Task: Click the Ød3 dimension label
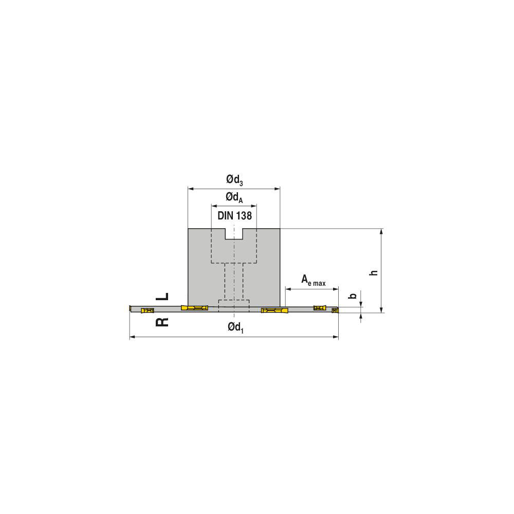pyautogui.click(x=234, y=179)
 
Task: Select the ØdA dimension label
pyautogui.click(x=234, y=197)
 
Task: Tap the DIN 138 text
pyautogui.click(x=234, y=216)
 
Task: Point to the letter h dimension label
pyautogui.click(x=374, y=272)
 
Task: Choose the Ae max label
pyautogui.click(x=313, y=280)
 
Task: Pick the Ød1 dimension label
pyautogui.click(x=235, y=327)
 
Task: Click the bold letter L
pyautogui.click(x=162, y=297)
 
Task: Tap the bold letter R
pyautogui.click(x=162, y=322)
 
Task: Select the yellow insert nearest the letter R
pyautogui.click(x=148, y=310)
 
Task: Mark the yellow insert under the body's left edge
pyautogui.click(x=194, y=308)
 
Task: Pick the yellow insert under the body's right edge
pyautogui.click(x=276, y=310)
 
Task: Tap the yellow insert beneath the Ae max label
pyautogui.click(x=320, y=308)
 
